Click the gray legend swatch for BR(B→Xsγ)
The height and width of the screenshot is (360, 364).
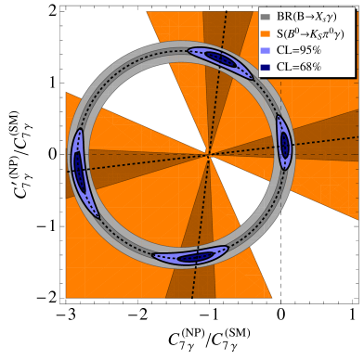click(266, 17)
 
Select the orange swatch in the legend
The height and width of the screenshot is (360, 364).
click(266, 33)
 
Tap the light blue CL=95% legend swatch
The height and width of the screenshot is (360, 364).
click(266, 51)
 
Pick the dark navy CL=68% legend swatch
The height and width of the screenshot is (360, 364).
click(266, 67)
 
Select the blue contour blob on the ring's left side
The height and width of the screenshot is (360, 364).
click(81, 172)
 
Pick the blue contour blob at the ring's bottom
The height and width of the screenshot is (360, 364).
click(193, 256)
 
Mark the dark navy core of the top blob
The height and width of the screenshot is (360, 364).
click(220, 59)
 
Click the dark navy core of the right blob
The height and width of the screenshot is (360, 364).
click(284, 144)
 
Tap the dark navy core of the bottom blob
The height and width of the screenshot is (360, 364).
click(196, 257)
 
